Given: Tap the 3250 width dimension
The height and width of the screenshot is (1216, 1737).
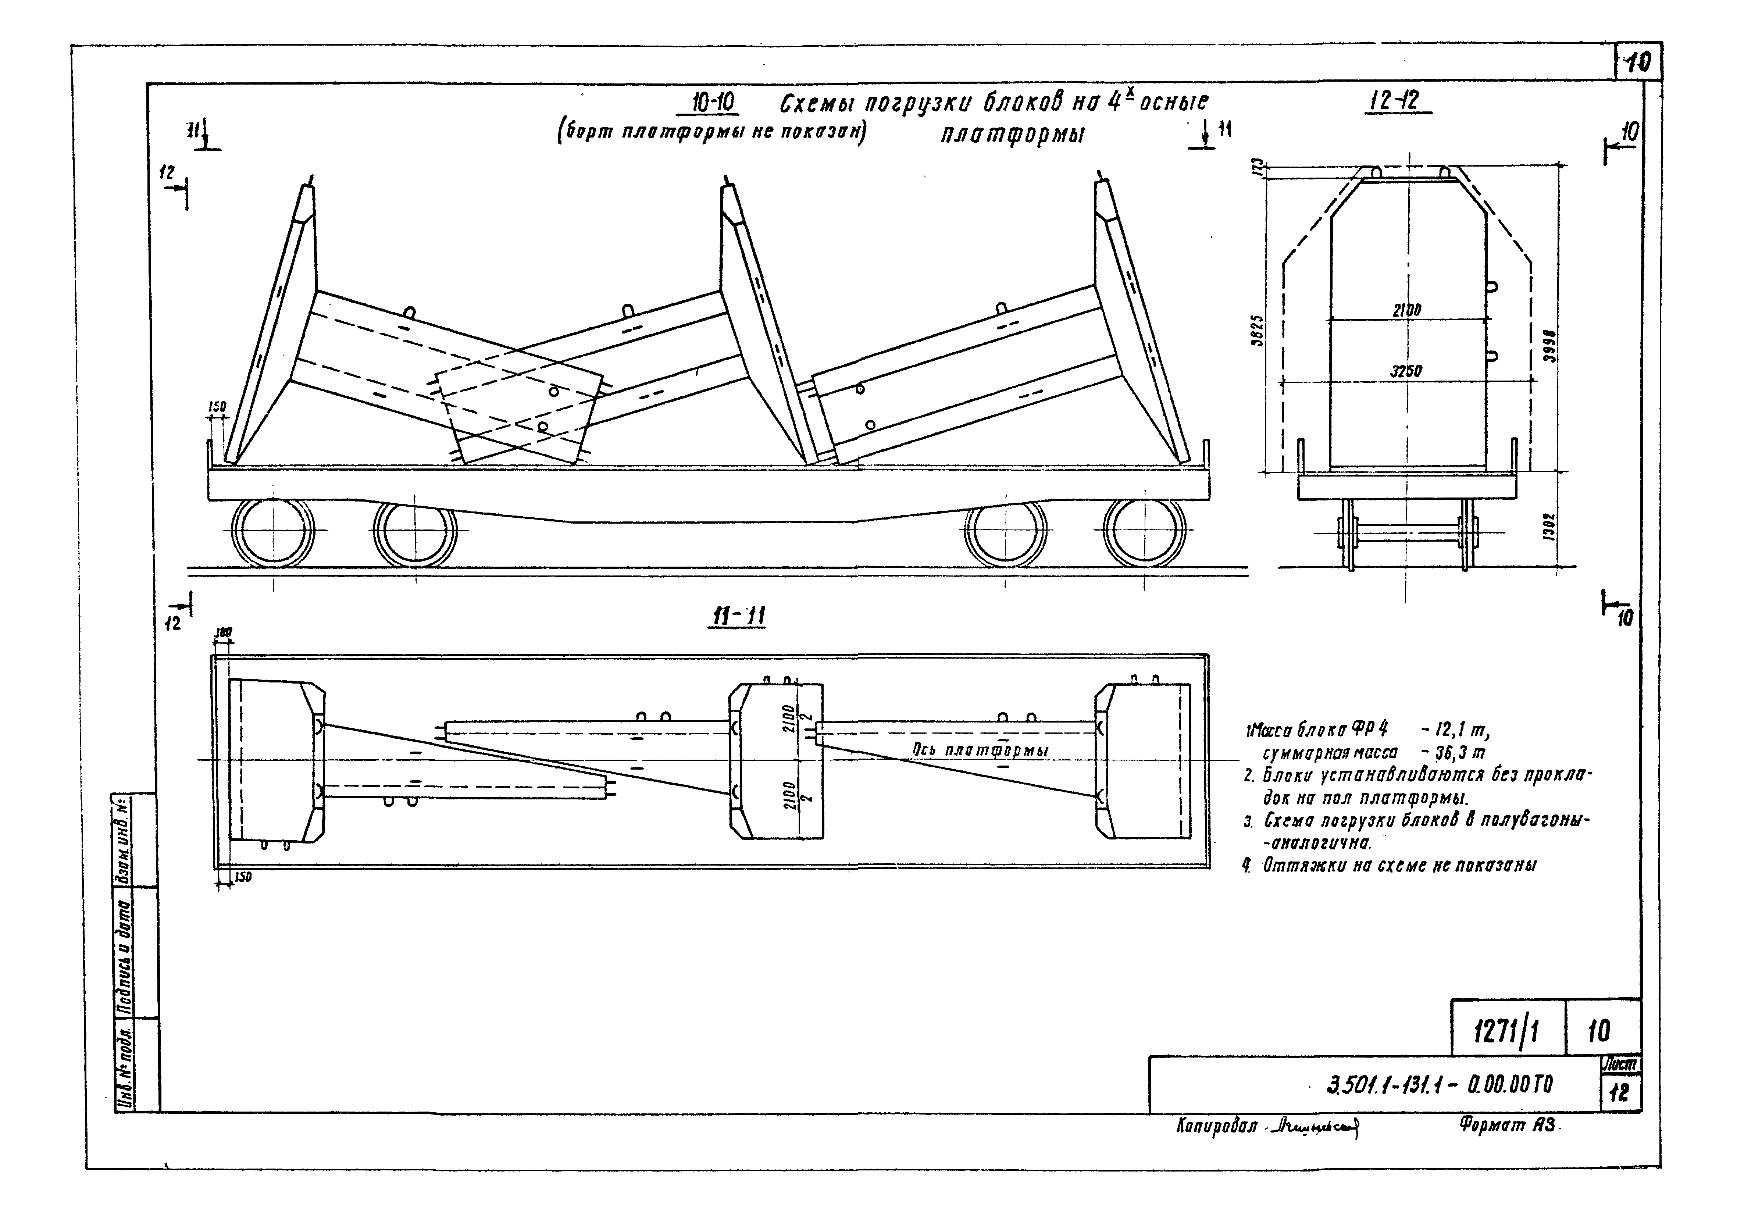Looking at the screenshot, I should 1406,371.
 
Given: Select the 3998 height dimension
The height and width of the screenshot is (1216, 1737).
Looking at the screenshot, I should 1549,346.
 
